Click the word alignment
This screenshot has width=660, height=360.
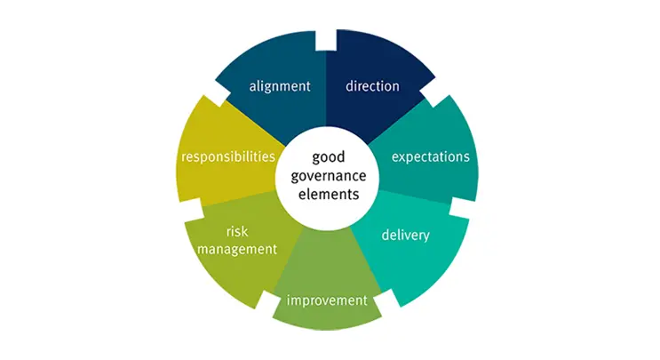click(x=280, y=86)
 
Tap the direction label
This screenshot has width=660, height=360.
click(x=372, y=86)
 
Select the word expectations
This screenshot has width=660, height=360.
click(x=431, y=156)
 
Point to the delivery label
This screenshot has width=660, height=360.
click(x=406, y=235)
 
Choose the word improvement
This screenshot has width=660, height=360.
click(x=327, y=300)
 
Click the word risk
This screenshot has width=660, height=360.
click(x=237, y=231)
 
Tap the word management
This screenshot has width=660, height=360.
click(x=237, y=249)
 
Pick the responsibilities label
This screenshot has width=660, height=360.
click(x=228, y=156)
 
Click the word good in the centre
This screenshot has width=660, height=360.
click(x=329, y=157)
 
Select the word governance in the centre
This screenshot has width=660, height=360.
click(x=329, y=176)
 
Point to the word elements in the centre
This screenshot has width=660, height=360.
click(x=329, y=194)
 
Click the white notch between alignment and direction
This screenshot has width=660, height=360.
click(x=326, y=40)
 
